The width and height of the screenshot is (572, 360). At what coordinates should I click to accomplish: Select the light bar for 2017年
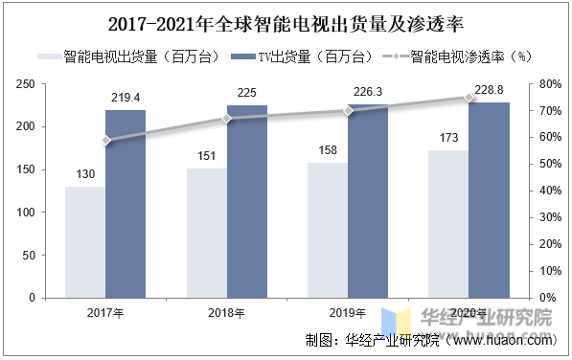click(x=85, y=241)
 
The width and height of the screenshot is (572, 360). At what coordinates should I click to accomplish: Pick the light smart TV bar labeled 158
click(x=328, y=230)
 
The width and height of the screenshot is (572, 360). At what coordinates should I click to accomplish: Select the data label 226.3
click(x=368, y=94)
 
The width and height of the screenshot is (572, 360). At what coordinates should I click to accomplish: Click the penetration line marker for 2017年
click(x=106, y=141)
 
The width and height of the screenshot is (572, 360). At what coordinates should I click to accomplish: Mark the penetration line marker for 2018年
click(x=227, y=119)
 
